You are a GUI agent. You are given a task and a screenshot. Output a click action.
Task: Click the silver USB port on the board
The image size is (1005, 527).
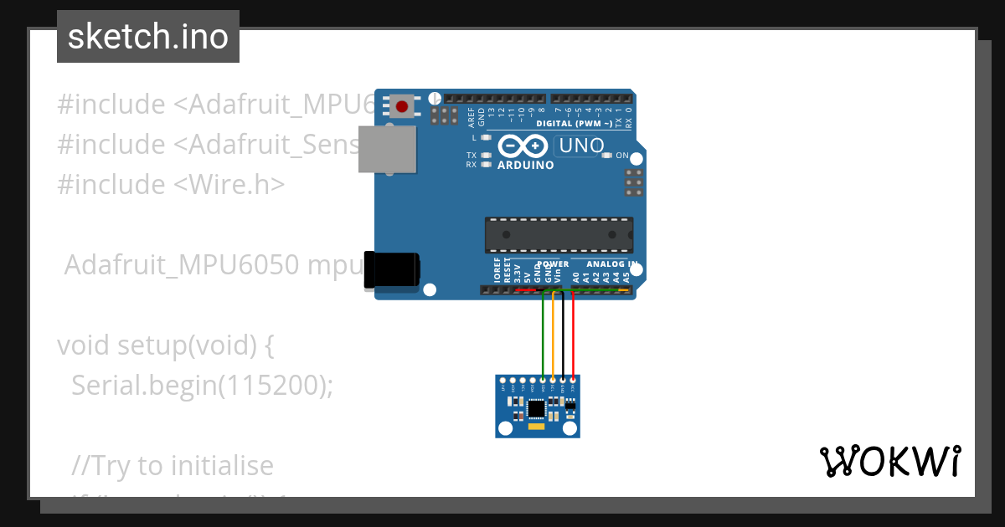(x=387, y=149)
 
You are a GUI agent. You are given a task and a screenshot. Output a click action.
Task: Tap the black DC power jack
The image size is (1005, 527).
(x=391, y=270)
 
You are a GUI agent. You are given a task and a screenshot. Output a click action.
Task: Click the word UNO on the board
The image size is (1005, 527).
(x=581, y=146)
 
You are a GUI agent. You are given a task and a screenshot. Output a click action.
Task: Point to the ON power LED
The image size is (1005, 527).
(x=611, y=156)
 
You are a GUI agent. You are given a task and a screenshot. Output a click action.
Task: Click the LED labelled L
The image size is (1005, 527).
(x=486, y=136)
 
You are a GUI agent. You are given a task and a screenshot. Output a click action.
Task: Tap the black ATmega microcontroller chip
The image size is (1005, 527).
(x=559, y=234)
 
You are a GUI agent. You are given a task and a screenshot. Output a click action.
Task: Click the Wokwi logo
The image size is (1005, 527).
(x=889, y=461)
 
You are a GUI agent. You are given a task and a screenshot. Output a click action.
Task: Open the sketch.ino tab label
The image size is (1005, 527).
(x=148, y=37)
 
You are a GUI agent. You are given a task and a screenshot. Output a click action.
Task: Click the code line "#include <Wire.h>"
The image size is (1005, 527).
(x=171, y=183)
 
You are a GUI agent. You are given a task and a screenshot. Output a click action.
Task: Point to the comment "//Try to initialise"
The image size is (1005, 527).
(x=173, y=465)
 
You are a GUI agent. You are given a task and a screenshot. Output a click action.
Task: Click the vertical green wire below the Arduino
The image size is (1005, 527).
(x=543, y=335)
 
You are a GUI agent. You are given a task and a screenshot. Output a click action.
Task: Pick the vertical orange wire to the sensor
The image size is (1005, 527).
(x=553, y=335)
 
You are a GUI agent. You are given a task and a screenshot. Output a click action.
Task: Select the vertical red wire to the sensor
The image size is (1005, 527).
(x=573, y=335)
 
